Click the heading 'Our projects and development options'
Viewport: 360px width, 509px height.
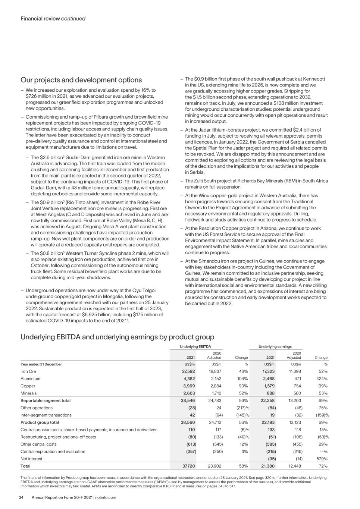click(x=81, y=80)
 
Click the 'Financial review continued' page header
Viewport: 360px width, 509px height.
click(x=53, y=18)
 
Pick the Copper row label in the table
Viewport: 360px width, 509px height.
click(x=28, y=386)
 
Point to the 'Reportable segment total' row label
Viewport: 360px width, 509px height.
click(x=46, y=400)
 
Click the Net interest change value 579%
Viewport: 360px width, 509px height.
click(x=321, y=459)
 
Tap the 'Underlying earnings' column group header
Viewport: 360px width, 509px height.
click(x=275, y=347)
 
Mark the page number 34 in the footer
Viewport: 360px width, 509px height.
click(x=23, y=497)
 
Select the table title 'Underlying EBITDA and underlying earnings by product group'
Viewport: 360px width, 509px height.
click(x=117, y=337)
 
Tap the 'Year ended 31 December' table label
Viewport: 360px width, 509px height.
click(x=41, y=364)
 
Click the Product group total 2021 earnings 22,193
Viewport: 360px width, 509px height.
click(x=267, y=422)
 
